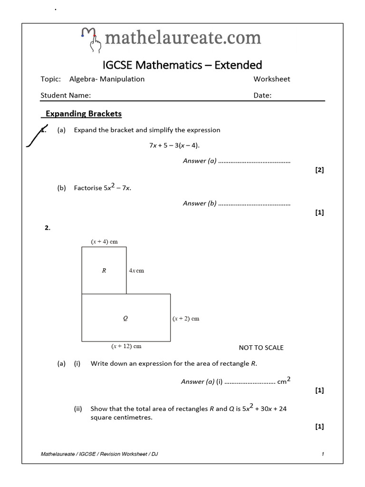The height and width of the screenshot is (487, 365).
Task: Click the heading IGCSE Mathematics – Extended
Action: pos(182,65)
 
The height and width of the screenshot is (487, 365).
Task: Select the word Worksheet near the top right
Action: pos(271,79)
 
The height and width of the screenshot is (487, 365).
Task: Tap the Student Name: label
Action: pos(66,95)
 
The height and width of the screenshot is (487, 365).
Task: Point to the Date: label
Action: pos(262,95)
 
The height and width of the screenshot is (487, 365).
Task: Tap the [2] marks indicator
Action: pos(319,170)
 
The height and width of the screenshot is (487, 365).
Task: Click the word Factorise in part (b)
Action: pos(88,188)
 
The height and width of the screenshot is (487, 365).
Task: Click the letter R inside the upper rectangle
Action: pos(104,271)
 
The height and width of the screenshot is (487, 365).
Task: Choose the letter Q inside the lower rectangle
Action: pos(125,319)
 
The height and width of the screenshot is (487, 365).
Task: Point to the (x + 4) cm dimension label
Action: pos(104,242)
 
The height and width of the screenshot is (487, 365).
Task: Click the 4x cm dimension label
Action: pos(136,271)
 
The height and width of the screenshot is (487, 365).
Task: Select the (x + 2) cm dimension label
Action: pos(186,319)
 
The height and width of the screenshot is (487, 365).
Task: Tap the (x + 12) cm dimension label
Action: pos(126,346)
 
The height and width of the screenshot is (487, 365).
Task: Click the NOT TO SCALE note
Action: pos(261,348)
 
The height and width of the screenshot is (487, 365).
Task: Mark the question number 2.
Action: pos(48,228)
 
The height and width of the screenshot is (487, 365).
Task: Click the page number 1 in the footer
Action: pos(323,454)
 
